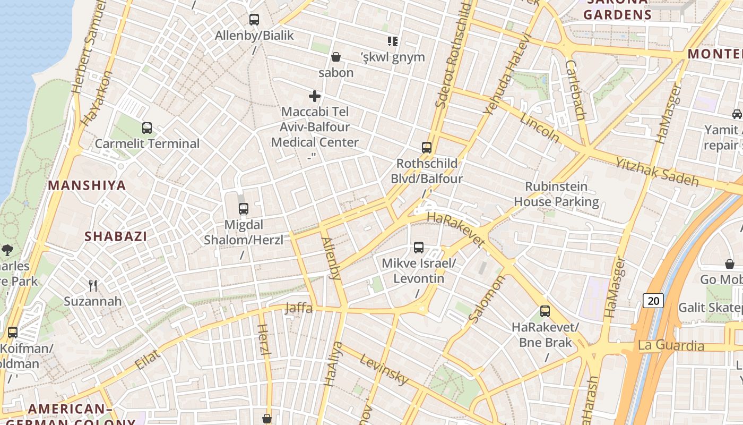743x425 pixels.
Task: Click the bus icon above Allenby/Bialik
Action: pyautogui.click(x=254, y=20)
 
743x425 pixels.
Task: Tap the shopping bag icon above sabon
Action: pyautogui.click(x=336, y=56)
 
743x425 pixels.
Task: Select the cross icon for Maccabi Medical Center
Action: pyautogui.click(x=315, y=96)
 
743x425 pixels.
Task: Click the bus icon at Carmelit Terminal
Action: pyautogui.click(x=147, y=128)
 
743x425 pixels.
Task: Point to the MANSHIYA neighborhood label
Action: pyautogui.click(x=87, y=185)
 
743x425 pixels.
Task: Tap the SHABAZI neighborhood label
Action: pyautogui.click(x=116, y=236)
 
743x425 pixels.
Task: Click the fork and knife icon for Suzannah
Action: pyautogui.click(x=93, y=286)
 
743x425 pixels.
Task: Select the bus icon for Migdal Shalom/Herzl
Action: pyautogui.click(x=244, y=209)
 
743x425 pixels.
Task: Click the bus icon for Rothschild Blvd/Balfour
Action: pyautogui.click(x=427, y=148)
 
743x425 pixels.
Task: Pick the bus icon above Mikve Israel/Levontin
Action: pyautogui.click(x=419, y=248)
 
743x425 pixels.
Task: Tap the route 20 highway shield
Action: pyautogui.click(x=653, y=301)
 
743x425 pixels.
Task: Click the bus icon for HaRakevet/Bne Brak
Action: pyautogui.click(x=545, y=311)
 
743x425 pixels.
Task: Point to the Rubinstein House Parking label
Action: pyautogui.click(x=556, y=194)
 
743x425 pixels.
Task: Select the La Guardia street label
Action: pyautogui.click(x=671, y=346)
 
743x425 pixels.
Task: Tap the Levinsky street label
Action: pyautogui.click(x=384, y=369)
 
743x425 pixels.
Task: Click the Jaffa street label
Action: pyautogui.click(x=298, y=308)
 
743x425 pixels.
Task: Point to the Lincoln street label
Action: pyautogui.click(x=539, y=128)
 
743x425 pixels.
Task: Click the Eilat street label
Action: pyautogui.click(x=147, y=360)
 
